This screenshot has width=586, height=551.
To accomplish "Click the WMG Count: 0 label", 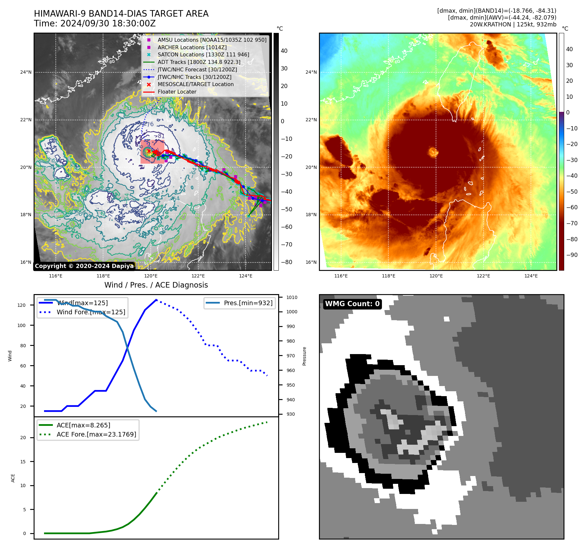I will pyautogui.click(x=352, y=304).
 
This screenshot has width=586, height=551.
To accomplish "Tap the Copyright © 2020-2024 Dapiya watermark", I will pyautogui.click(x=84, y=266).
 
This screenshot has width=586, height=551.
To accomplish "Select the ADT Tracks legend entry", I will pyautogui.click(x=199, y=62).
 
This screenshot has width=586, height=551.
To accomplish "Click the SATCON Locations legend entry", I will pyautogui.click(x=203, y=54).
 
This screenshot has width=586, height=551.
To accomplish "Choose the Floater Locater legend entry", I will pyautogui.click(x=177, y=92).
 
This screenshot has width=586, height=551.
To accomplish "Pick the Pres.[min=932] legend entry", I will pyautogui.click(x=248, y=303).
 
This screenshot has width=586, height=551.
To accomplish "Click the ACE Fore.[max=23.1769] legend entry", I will pyautogui.click(x=96, y=434).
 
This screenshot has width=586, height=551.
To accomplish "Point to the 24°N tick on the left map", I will pyautogui.click(x=26, y=72).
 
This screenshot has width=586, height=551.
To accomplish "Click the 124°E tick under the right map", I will pyautogui.click(x=531, y=276).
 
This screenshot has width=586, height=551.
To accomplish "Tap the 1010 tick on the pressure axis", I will pyautogui.click(x=292, y=297).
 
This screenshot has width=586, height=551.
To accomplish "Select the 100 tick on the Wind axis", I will pyautogui.click(x=22, y=325).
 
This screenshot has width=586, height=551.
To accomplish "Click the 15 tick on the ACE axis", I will pyautogui.click(x=23, y=462).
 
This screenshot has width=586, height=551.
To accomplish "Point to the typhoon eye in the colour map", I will pyautogui.click(x=433, y=152).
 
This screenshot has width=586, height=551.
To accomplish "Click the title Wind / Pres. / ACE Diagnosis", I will pyautogui.click(x=156, y=285).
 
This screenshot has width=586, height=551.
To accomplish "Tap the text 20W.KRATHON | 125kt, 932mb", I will pyautogui.click(x=513, y=24).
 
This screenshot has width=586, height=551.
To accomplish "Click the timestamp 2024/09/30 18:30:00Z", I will pyautogui.click(x=108, y=23).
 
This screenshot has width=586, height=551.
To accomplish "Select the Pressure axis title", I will pyautogui.click(x=304, y=356).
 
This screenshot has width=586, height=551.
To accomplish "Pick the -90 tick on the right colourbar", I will pyautogui.click(x=572, y=255).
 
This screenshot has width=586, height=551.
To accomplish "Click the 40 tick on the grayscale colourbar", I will pyautogui.click(x=284, y=51).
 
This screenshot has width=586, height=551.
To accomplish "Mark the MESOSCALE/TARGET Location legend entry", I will pyautogui.click(x=195, y=84).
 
